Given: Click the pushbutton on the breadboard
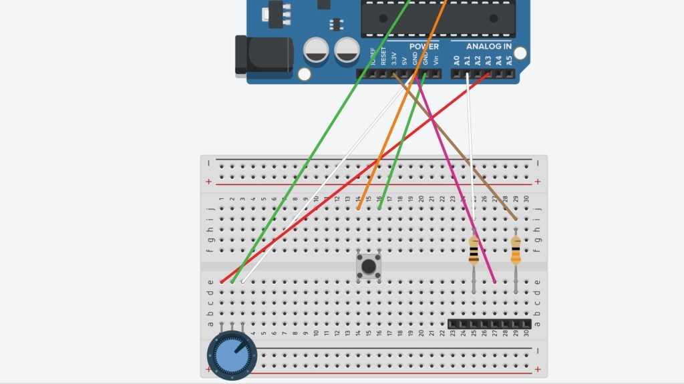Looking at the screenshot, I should [x=368, y=266].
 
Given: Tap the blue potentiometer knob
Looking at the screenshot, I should [x=231, y=355].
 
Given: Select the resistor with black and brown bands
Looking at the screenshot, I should [x=474, y=250].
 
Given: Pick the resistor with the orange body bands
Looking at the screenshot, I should [x=516, y=251].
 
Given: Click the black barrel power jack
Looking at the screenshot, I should [x=263, y=55].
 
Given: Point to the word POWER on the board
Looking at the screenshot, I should [x=424, y=47].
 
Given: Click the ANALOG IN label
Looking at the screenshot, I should [x=489, y=47].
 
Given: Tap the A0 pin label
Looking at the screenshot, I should [x=456, y=60].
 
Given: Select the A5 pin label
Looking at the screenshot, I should [x=509, y=60].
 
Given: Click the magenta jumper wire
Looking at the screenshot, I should [x=454, y=180].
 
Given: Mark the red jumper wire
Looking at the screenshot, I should [x=347, y=184].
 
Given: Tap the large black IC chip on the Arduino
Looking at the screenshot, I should [x=438, y=18].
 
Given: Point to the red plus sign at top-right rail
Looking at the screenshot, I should [x=538, y=182].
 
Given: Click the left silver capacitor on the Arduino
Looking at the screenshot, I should [x=316, y=50].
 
